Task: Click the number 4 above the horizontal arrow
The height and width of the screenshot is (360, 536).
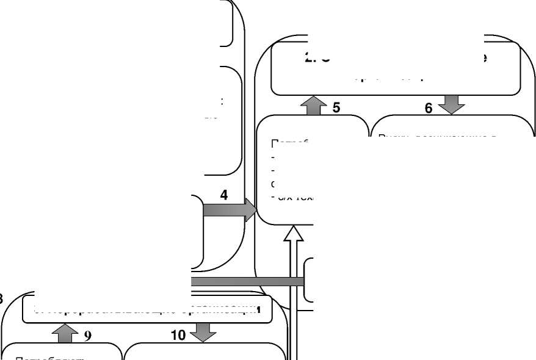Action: pos(224,195)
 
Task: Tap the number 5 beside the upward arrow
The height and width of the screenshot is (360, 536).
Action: pos(336,108)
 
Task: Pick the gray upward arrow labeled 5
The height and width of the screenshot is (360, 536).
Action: pos(314,106)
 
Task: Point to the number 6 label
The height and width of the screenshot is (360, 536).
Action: pos(429,108)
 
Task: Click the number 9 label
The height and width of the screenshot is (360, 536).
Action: pos(88,336)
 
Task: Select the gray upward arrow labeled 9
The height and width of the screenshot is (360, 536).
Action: pos(66,333)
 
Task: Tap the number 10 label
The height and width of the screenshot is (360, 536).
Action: pos(178,336)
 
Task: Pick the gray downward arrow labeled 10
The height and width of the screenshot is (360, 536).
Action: pos(203,332)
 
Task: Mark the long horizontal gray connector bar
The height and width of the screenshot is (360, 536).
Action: pos(247,281)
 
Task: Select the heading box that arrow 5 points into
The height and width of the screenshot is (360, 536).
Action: pos(395,69)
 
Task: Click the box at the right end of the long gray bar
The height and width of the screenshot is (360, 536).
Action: pos(309,280)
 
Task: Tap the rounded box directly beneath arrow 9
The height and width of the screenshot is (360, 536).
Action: pos(61,352)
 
